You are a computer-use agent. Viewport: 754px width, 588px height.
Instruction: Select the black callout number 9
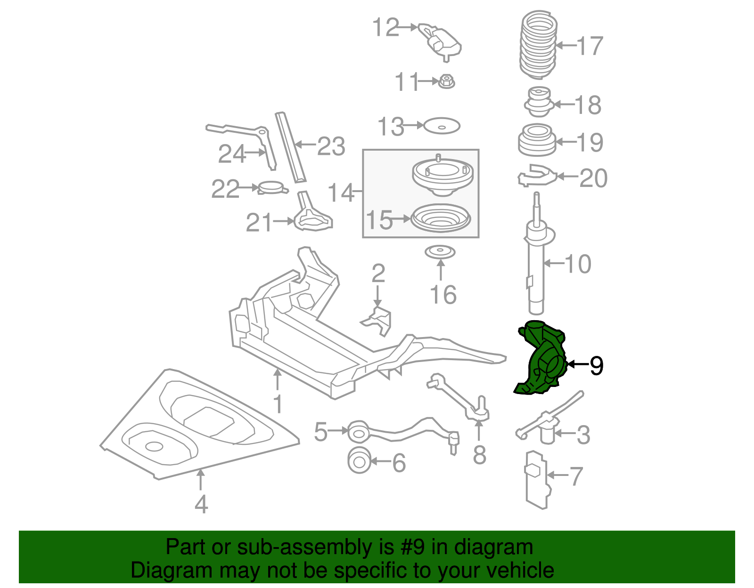coord(596,365)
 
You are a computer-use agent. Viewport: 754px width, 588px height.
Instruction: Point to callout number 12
coord(385,28)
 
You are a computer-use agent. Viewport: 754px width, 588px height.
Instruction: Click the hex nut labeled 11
coord(446,82)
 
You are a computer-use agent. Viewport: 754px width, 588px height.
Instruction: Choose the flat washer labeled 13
coord(442,126)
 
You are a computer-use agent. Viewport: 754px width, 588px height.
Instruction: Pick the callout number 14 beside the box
coord(341,193)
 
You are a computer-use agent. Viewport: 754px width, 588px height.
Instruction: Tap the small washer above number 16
coord(441,252)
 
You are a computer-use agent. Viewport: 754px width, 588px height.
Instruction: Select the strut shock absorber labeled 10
coord(536,268)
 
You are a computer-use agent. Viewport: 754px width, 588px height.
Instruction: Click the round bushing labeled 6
coord(359,461)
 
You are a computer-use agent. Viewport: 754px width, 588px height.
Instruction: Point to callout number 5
coord(320,432)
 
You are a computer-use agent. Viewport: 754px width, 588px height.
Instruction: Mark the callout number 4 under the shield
coord(201,504)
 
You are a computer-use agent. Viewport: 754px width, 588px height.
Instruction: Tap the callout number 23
coord(331,146)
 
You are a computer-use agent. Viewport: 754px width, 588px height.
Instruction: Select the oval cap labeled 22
coord(272,188)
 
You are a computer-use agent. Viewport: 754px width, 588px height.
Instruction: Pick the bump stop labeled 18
coord(538,102)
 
